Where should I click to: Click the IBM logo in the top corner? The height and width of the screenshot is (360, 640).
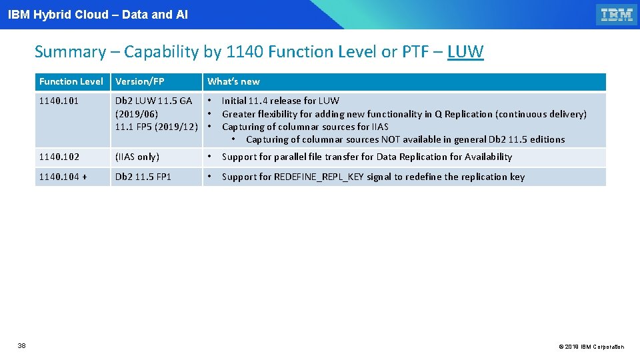[617, 15]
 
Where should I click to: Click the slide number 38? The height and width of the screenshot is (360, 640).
[21, 345]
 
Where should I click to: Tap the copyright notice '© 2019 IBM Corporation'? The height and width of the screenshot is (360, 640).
[591, 347]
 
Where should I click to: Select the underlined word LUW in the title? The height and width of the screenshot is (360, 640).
[465, 52]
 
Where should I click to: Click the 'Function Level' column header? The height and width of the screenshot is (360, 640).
[71, 81]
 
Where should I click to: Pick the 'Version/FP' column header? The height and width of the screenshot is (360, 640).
[140, 81]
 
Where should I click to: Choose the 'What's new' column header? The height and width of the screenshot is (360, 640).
[233, 81]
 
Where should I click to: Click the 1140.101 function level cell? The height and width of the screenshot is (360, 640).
[59, 101]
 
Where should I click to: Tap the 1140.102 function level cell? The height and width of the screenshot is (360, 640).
[59, 157]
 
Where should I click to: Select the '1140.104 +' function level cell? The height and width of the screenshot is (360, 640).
[63, 177]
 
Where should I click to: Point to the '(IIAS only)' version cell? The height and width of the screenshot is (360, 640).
[137, 157]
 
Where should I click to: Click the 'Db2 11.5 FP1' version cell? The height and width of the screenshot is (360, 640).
[143, 177]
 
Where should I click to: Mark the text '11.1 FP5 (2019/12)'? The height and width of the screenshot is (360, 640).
[157, 127]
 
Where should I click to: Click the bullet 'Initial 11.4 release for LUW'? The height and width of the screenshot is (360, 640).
[280, 101]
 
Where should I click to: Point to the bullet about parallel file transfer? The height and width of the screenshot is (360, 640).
[367, 157]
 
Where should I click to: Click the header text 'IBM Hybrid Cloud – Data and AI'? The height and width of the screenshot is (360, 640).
[98, 14]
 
